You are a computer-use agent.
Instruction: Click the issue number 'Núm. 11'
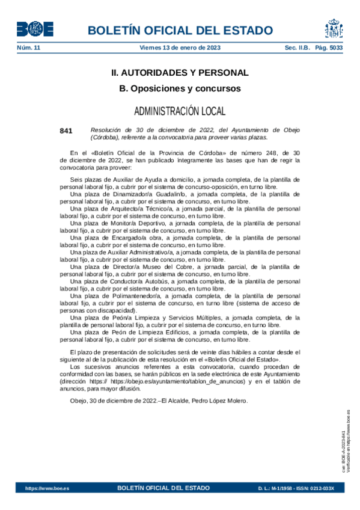click(28, 48)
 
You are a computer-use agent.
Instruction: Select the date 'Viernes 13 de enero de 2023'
click(180, 48)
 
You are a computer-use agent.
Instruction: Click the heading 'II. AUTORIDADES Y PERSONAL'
click(180, 73)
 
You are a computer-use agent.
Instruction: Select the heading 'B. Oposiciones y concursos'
click(180, 88)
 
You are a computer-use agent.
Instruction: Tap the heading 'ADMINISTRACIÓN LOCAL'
click(180, 111)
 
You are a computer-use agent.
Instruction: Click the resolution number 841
click(66, 130)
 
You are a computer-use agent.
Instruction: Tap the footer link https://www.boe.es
click(47, 488)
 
